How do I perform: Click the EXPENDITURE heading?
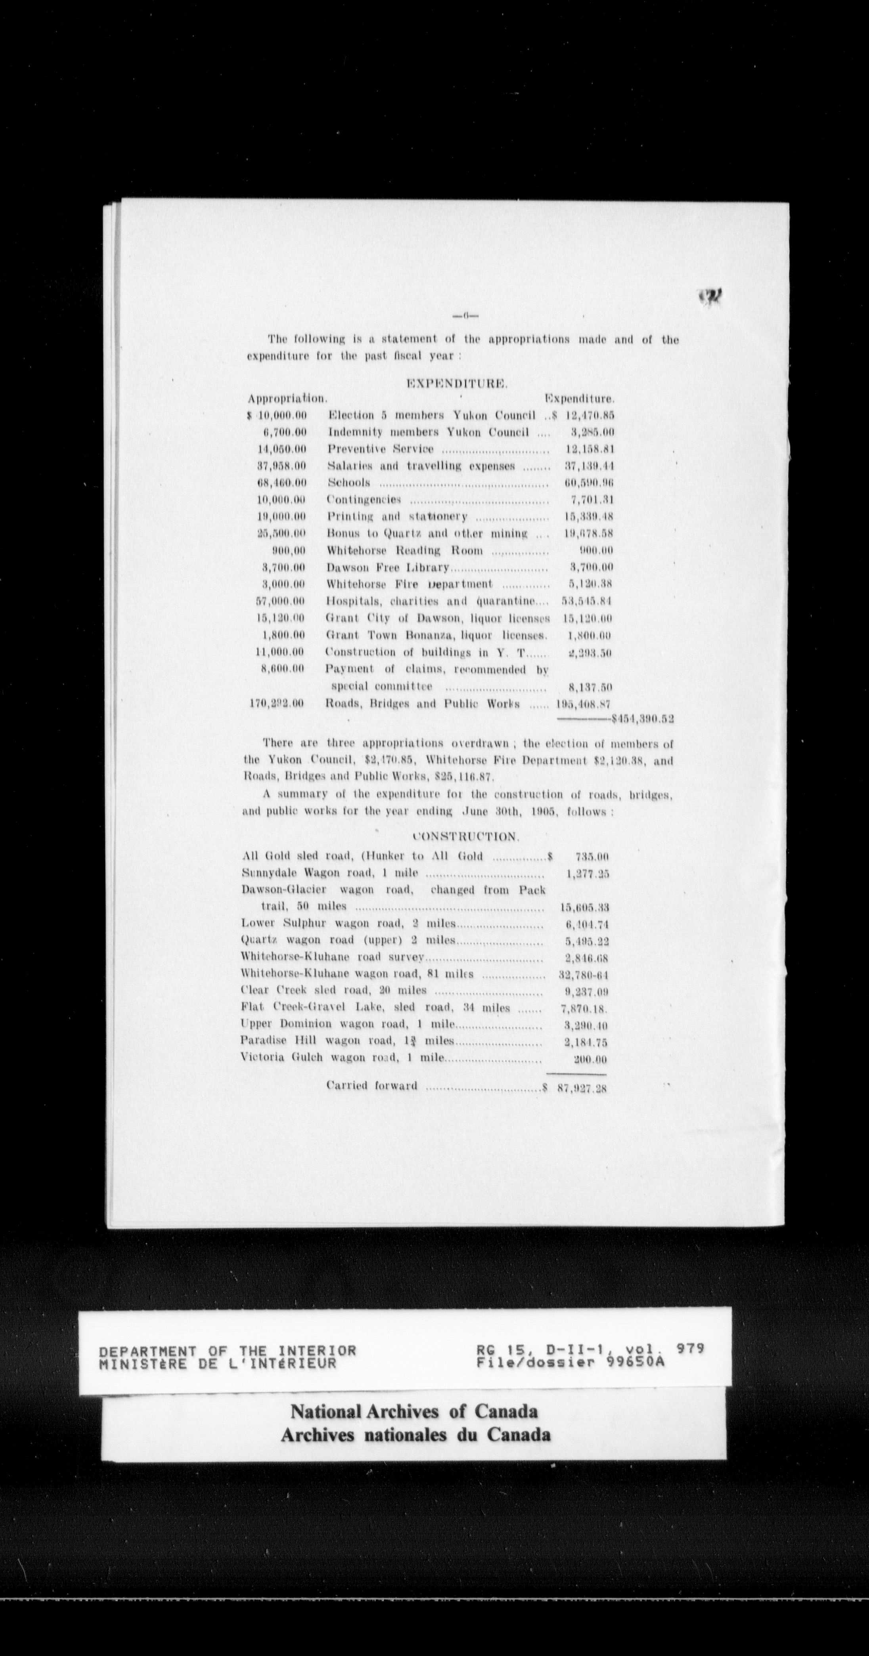(x=457, y=384)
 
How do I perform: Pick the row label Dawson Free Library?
(x=387, y=567)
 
